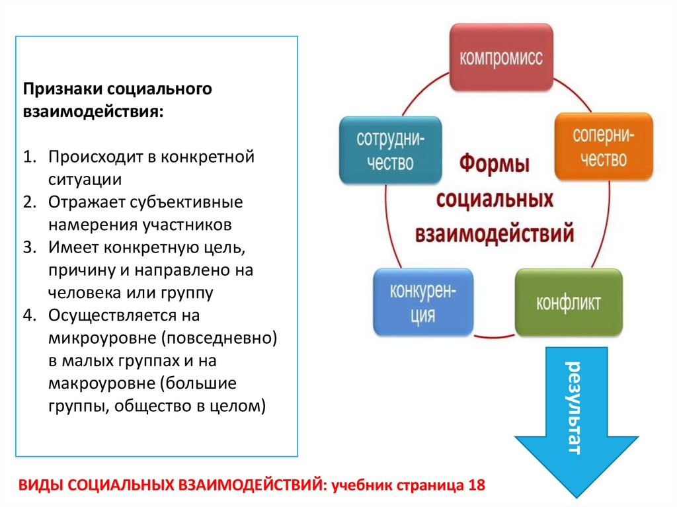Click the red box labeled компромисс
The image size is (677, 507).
coord(501,58)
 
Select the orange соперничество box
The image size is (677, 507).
coord(603,147)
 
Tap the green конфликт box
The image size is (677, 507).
coord(568,303)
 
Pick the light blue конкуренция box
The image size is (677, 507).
coord(423,302)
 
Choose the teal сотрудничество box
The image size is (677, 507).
coord(390,150)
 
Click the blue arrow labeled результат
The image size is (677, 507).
coord(575,416)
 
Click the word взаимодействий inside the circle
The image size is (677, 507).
coord(495,233)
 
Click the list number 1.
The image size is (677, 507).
coord(28,158)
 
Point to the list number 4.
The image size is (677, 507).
coord(28,315)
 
